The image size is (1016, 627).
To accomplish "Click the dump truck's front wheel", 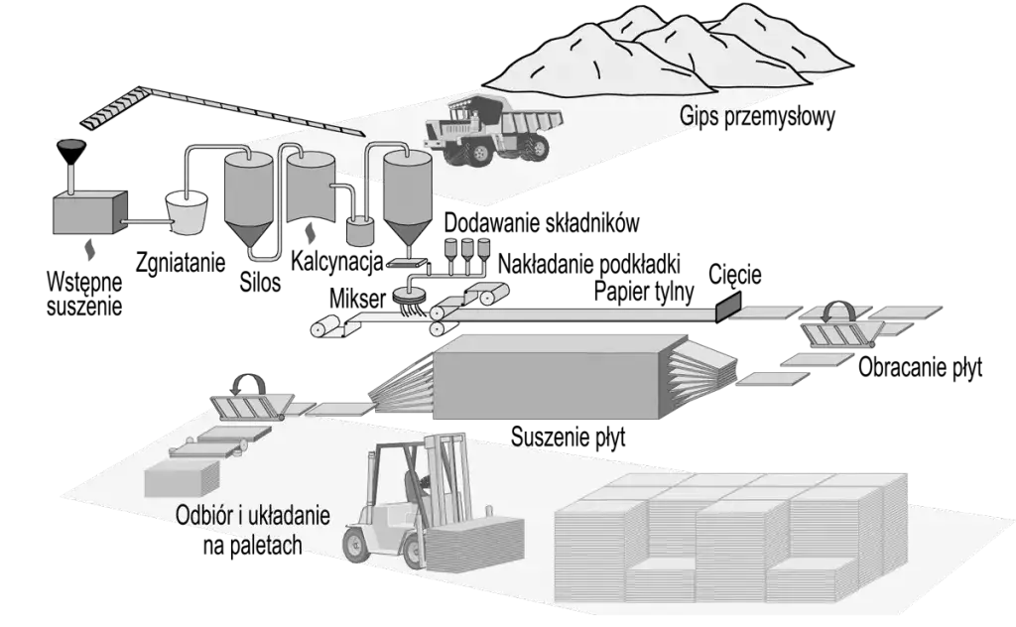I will point(478,151).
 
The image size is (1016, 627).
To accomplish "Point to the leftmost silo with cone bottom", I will point(247,193).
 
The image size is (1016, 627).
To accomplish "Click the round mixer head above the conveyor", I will point(408,291).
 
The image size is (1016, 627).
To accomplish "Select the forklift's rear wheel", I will point(357,544).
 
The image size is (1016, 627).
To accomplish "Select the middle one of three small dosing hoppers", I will point(467,246).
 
